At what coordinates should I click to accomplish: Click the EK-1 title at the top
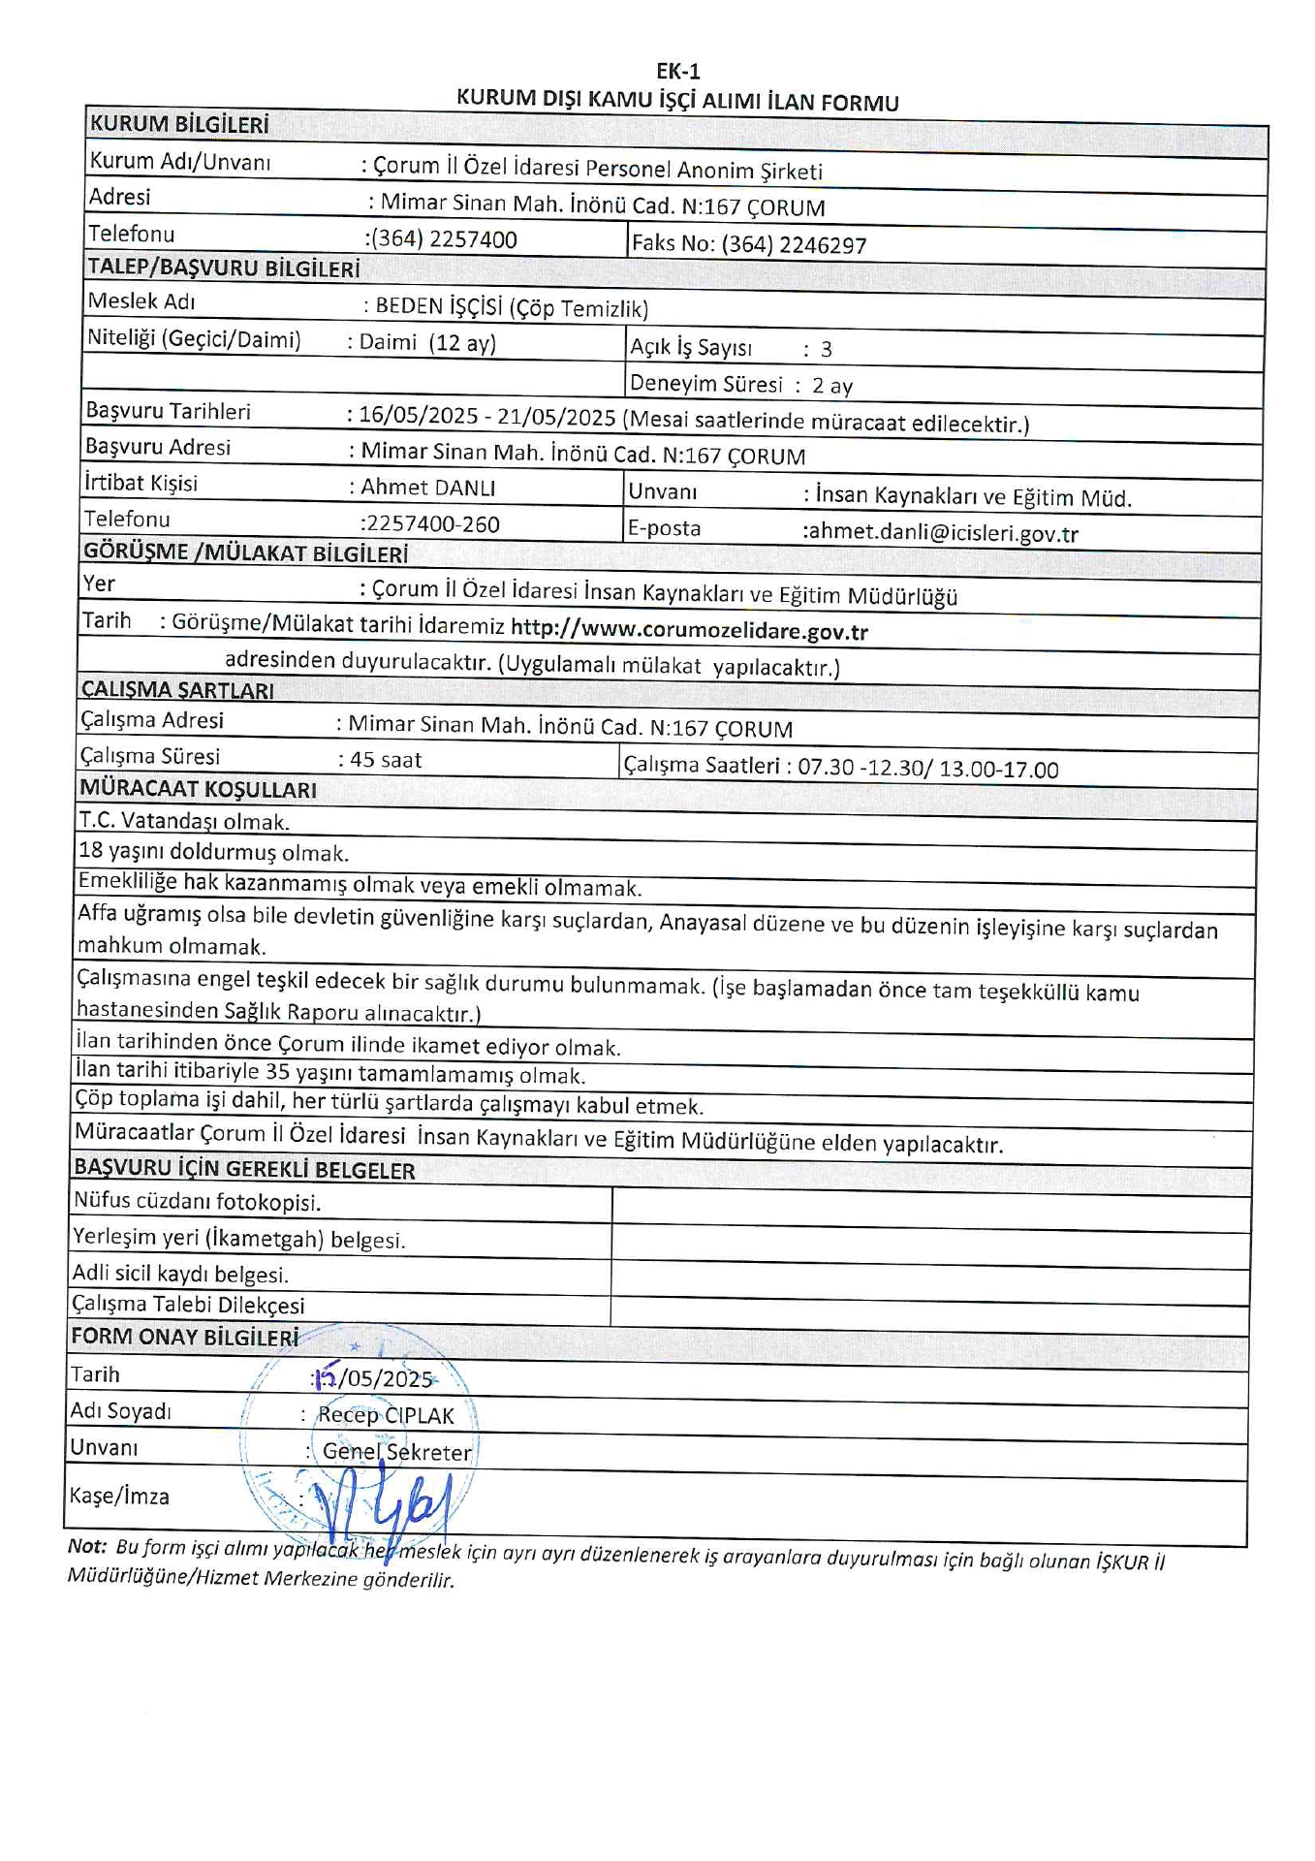pyautogui.click(x=677, y=71)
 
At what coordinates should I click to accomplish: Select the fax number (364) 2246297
pyautogui.click(x=793, y=244)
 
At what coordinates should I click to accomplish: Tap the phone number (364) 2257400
pyautogui.click(x=443, y=239)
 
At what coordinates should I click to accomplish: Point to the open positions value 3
pyautogui.click(x=826, y=349)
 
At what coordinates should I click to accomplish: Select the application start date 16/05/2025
pyautogui.click(x=419, y=416)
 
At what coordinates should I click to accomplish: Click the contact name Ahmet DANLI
pyautogui.click(x=427, y=487)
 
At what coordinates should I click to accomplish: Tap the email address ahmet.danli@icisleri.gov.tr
pyautogui.click(x=940, y=533)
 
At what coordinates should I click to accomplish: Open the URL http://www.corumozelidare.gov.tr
pyautogui.click(x=689, y=631)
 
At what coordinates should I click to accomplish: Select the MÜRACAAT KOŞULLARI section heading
pyautogui.click(x=199, y=790)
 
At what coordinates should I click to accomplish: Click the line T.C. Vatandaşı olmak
pyautogui.click(x=184, y=822)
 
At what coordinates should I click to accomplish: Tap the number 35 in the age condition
pyautogui.click(x=278, y=1073)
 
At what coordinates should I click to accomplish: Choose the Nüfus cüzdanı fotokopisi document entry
pyautogui.click(x=197, y=1202)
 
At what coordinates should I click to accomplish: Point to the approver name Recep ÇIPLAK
pyautogui.click(x=386, y=1415)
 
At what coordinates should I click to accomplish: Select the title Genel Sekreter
pyautogui.click(x=396, y=1452)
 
